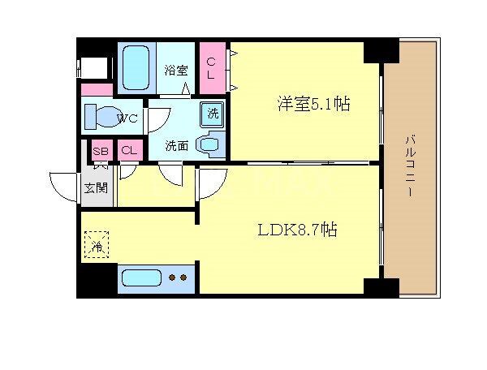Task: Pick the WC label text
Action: click(127, 118)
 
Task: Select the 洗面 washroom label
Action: click(176, 147)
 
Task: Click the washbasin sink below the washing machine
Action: click(211, 145)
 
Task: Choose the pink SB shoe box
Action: click(101, 151)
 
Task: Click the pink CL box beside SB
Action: click(128, 151)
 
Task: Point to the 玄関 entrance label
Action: click(96, 188)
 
